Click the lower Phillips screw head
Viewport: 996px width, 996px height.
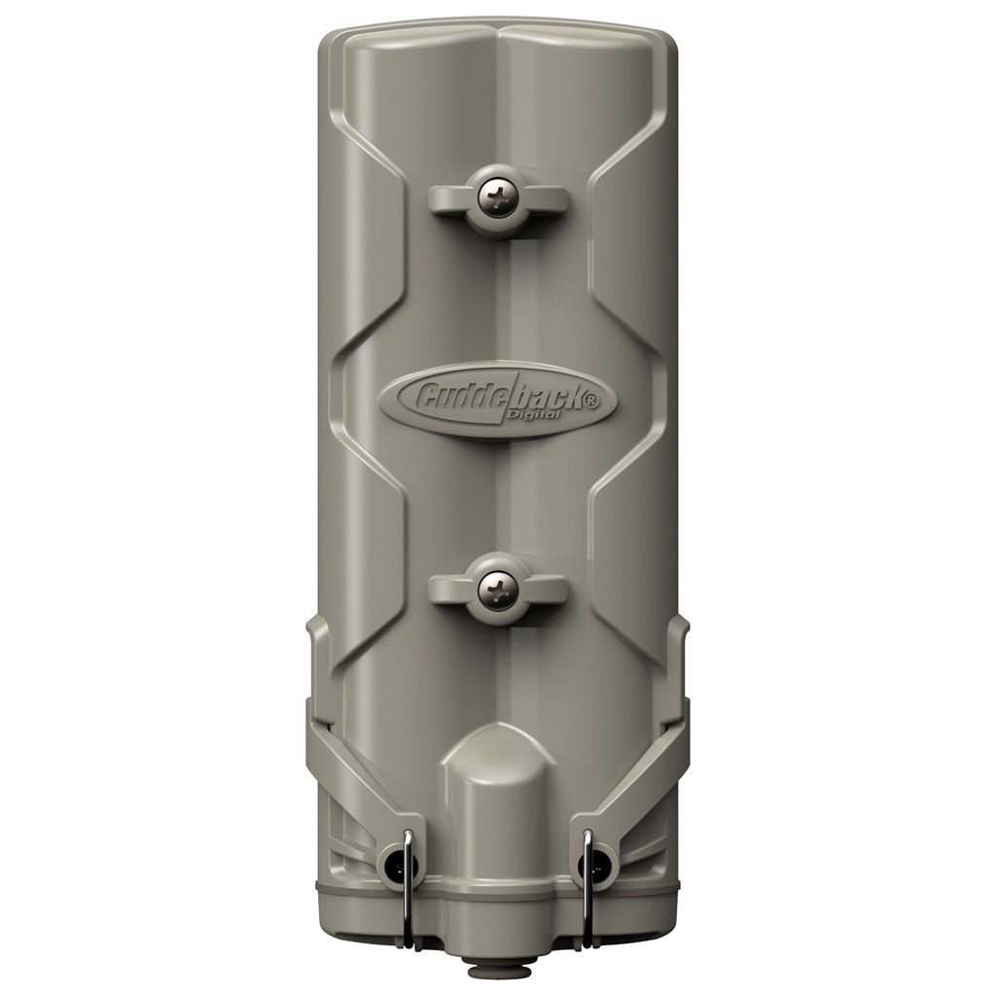(x=497, y=586)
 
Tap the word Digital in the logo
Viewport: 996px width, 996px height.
(x=533, y=415)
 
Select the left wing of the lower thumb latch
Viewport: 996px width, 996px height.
(x=448, y=587)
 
